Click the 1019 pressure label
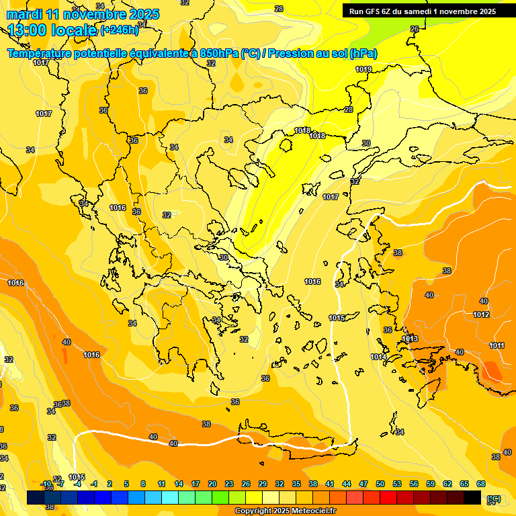point(363,69)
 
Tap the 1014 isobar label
point(378,357)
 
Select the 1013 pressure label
point(411,339)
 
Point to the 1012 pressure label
point(481,314)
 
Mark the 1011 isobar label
point(497,345)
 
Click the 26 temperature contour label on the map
point(415,29)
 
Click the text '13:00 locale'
point(52,30)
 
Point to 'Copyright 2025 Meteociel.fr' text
point(286,511)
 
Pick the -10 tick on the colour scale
point(46,484)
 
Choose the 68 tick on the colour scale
point(481,484)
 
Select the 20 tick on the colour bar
point(212,484)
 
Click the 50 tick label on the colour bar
point(380,484)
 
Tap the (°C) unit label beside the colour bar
point(494,499)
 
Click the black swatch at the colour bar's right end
point(472,498)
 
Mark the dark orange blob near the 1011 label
point(492,370)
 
